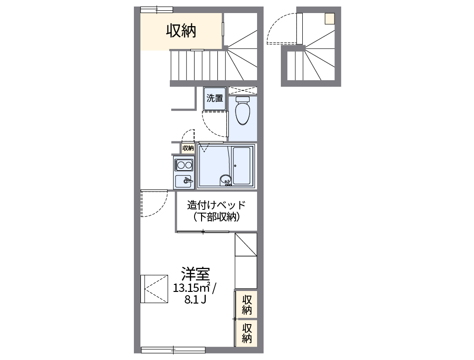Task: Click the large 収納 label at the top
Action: [x=181, y=31]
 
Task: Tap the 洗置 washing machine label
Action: [x=215, y=98]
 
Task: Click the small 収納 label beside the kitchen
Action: [x=188, y=148]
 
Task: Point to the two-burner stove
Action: [x=184, y=165]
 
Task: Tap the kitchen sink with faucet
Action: [x=184, y=181]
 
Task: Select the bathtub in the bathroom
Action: [x=243, y=166]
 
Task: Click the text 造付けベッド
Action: [x=216, y=205]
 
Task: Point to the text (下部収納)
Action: [x=216, y=217]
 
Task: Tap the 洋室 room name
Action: [x=195, y=273]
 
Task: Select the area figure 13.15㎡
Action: [x=191, y=287]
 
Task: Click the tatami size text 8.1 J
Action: [x=195, y=299]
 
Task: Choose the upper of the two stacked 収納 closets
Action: [x=247, y=305]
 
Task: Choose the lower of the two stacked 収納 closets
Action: [x=247, y=332]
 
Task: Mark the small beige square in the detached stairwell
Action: [x=330, y=19]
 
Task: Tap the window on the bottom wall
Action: [x=173, y=349]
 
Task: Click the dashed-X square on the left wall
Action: [x=154, y=289]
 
